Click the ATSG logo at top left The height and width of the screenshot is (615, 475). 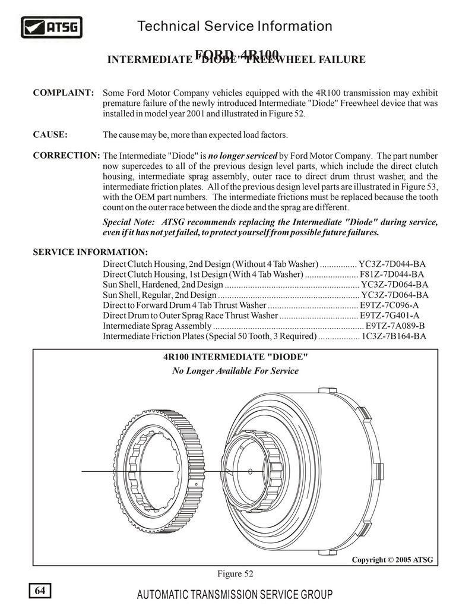52,27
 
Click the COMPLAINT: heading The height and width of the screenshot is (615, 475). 64,93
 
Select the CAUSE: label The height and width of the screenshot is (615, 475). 50,134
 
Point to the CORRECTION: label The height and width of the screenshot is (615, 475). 66,156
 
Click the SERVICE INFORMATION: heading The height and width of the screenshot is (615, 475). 90,252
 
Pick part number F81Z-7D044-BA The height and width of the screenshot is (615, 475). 392,275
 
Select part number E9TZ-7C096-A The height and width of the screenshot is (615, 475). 391,305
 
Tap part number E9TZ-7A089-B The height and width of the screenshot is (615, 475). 395,326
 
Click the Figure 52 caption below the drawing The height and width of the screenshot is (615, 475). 235,573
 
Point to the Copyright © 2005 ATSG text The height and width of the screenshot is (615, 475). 392,560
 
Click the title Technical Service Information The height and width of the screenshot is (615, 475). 235,26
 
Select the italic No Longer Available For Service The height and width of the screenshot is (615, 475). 235,371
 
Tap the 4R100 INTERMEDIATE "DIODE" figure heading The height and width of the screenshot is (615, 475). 235,357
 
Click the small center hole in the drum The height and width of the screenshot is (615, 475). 250,471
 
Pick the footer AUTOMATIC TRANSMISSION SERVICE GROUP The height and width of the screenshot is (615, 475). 235,595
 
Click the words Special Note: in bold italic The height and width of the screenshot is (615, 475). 129,222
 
